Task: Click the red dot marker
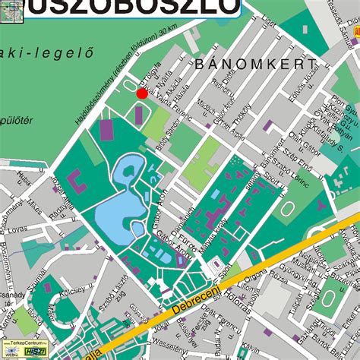141,93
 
